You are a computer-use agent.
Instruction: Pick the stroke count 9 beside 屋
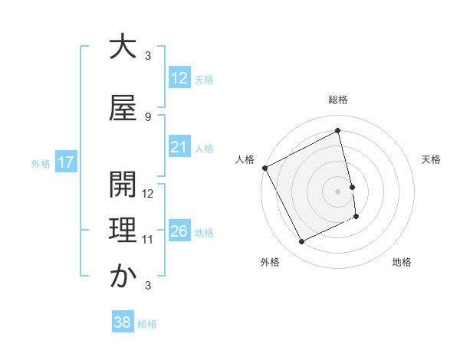[148, 116]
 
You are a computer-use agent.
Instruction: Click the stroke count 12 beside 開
[149, 194]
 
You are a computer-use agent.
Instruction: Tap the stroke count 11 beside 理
[149, 240]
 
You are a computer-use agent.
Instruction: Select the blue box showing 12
[179, 78]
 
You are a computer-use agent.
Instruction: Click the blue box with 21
[179, 147]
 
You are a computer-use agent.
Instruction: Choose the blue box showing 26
[179, 231]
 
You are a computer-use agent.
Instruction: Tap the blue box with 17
[65, 162]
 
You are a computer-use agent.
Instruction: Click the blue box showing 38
[122, 323]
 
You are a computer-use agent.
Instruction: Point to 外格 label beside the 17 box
[40, 163]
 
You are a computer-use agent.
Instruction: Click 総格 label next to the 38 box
[147, 324]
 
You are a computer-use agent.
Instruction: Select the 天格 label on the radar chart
[432, 159]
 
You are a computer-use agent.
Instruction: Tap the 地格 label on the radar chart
[402, 262]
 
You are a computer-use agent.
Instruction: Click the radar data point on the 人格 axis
[264, 168]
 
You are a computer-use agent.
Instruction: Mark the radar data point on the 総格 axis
[338, 131]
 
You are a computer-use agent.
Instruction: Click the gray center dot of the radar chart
[338, 191]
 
